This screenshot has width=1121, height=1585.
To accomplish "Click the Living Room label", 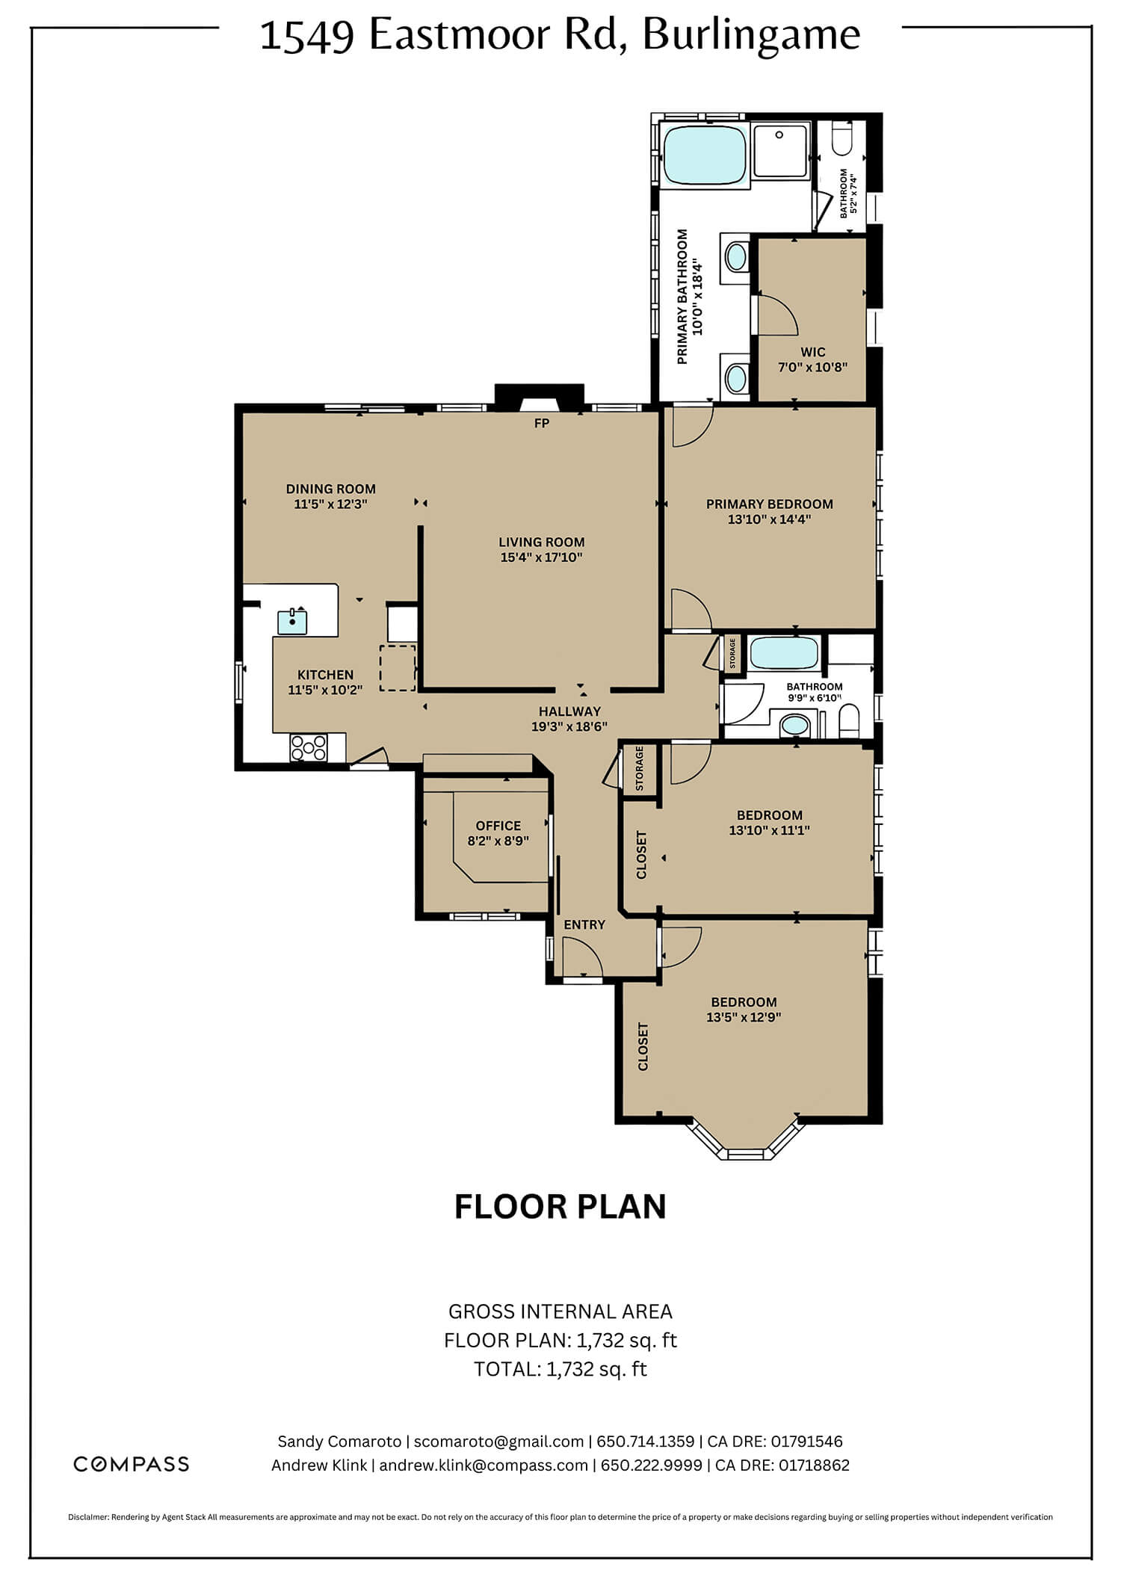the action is coord(542,542).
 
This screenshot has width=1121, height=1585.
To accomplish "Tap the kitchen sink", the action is coord(292,621).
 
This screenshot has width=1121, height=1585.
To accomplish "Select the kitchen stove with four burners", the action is coord(309,747).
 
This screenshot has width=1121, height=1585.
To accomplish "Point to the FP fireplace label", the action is coord(542,424).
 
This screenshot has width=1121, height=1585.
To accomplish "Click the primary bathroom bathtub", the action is coord(705,155).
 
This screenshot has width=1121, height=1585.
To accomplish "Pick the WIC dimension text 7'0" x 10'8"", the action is coord(813,367).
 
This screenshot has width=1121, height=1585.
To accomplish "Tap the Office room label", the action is coord(498,826).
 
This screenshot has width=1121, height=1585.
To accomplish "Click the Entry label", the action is coord(584,924).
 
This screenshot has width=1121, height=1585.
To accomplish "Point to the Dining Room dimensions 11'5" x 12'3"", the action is coord(330,504).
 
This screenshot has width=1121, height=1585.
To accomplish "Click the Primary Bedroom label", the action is coord(770,504).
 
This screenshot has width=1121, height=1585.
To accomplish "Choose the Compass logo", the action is coord(131,1464).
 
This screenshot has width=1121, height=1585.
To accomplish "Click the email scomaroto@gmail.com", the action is coord(498,1442).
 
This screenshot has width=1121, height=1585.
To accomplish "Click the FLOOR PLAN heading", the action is coord(560,1207).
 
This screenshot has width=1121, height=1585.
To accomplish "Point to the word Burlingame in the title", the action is coord(751,35).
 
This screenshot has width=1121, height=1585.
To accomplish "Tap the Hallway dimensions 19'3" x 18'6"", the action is coord(569,726).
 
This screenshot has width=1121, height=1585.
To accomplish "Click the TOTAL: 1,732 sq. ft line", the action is coord(560,1369).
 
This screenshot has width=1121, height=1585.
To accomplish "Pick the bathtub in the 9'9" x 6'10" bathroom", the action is coord(784,653).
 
